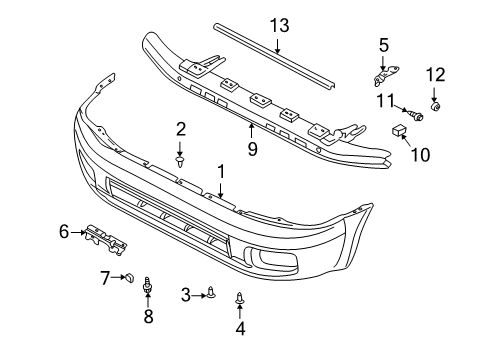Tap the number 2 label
coord(181,128)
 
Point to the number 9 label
coord(253,149)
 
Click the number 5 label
coord(383,44)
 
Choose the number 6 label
coord(65,232)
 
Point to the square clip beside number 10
coord(397,131)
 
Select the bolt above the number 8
coord(148,287)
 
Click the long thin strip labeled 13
coord(270,59)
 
